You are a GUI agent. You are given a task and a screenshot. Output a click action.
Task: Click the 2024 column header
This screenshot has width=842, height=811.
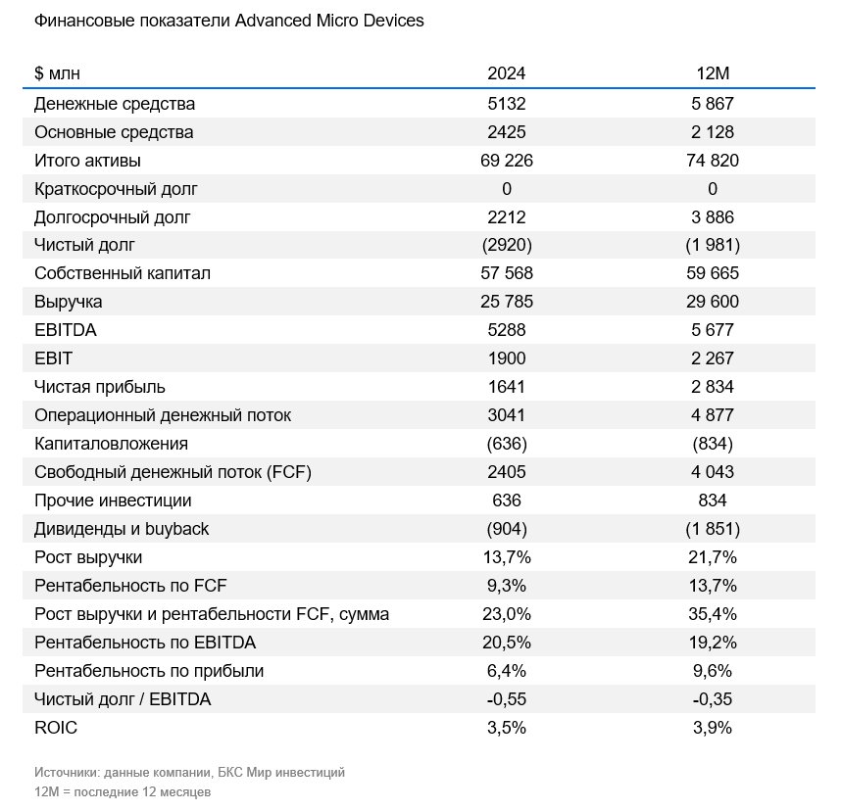[x=507, y=73]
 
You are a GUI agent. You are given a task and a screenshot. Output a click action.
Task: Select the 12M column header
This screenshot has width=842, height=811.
[x=713, y=73]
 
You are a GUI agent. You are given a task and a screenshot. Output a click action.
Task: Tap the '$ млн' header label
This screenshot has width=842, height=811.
[x=57, y=73]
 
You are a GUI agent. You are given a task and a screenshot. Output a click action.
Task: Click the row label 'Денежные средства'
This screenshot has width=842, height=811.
[x=115, y=104]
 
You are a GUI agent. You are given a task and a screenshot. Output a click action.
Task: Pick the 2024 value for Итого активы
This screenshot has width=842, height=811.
[x=507, y=161]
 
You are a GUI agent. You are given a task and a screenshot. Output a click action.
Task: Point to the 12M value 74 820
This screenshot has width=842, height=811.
[x=713, y=161]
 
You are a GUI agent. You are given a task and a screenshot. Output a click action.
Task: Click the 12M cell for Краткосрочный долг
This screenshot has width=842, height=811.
[x=713, y=189]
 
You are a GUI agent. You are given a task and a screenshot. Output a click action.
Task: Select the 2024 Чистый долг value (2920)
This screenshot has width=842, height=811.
[x=507, y=245]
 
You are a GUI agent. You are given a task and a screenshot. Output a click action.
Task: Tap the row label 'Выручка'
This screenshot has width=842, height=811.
[x=69, y=302]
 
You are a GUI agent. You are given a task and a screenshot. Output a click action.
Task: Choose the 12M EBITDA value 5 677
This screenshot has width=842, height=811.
[x=713, y=329]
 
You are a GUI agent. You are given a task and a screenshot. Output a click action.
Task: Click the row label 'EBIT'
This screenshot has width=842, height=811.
[x=53, y=358]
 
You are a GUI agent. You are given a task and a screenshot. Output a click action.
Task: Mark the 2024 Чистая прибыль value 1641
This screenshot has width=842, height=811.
[x=507, y=387]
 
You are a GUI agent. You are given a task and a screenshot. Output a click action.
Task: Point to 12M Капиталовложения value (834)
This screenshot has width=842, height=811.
[x=713, y=444]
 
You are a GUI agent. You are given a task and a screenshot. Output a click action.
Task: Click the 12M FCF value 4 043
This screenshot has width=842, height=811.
[x=713, y=472]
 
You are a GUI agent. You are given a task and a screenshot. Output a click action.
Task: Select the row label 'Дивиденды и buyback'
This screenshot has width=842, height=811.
[x=122, y=529]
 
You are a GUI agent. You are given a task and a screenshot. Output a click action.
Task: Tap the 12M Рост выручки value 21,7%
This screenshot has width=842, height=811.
[x=713, y=557]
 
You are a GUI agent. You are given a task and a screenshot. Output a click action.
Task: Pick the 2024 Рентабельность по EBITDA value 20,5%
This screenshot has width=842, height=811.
[x=507, y=643]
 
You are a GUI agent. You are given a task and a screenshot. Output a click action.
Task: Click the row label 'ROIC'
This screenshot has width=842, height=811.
[x=56, y=728]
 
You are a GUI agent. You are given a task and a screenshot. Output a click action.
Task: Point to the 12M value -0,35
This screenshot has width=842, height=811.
[x=713, y=699]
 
